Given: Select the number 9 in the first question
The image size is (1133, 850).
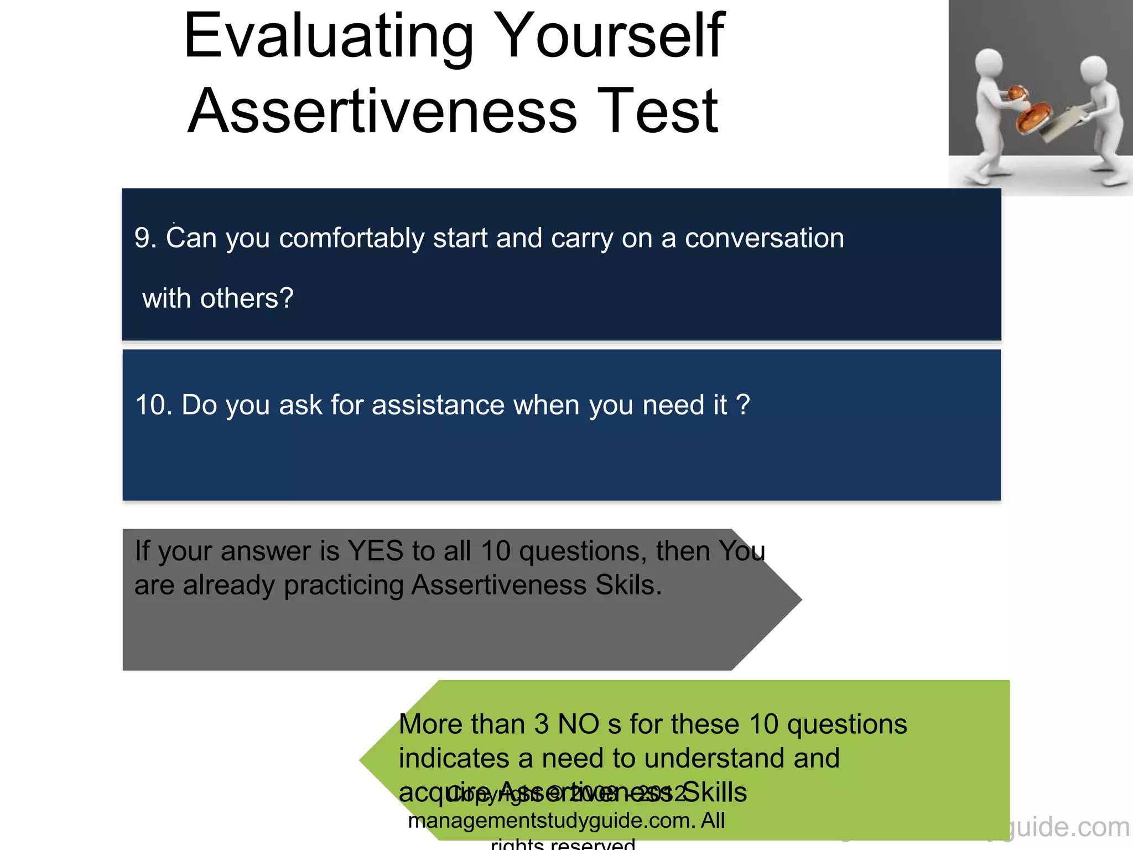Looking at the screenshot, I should [142, 239].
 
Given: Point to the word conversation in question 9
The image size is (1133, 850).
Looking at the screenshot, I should [764, 239].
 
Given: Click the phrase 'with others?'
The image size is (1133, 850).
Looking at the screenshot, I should [217, 299].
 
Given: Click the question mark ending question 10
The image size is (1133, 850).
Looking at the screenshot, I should [743, 405].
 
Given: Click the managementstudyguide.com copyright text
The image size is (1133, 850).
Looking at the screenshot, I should [566, 821].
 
